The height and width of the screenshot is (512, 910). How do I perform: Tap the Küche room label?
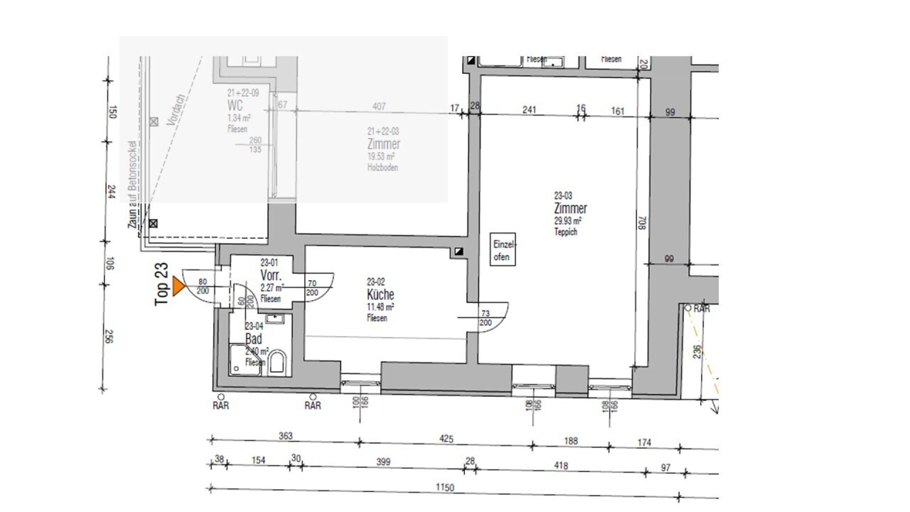(380, 294)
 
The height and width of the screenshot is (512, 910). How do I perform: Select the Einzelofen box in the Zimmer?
(502, 249)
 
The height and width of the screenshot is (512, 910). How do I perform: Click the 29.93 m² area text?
(568, 221)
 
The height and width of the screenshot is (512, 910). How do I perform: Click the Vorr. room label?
(271, 275)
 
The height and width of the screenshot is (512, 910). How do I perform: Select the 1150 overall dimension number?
(445, 487)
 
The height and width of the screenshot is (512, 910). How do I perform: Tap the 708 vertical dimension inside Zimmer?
(642, 223)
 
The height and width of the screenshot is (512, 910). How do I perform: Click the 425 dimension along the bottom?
(446, 439)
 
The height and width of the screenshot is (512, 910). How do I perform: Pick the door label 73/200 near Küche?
(485, 318)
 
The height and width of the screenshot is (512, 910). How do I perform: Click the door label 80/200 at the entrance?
(202, 286)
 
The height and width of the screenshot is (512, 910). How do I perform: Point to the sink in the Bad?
(273, 319)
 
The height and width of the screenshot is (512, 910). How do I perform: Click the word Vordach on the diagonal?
(176, 109)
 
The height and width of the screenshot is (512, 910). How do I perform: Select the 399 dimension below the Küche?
(383, 461)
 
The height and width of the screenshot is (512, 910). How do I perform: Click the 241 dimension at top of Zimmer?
(529, 110)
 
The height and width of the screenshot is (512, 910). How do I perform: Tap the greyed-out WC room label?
(235, 105)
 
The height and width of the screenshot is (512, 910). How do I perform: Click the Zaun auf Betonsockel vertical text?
(133, 185)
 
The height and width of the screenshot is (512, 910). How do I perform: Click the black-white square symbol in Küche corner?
(458, 252)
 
